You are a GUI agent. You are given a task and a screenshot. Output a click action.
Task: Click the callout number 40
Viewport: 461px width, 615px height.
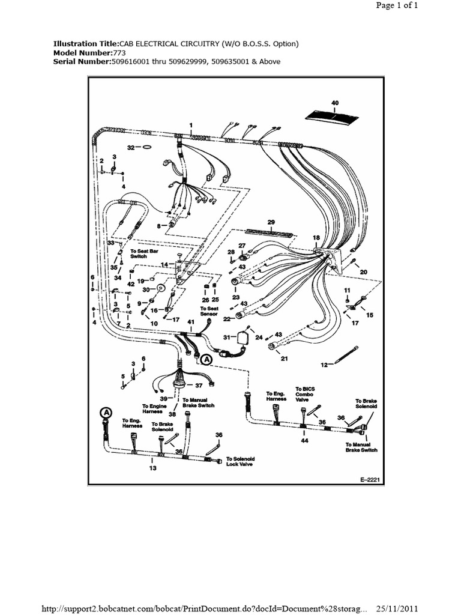click(335, 103)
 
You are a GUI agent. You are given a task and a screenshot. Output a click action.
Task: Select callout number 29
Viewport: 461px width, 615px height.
click(271, 222)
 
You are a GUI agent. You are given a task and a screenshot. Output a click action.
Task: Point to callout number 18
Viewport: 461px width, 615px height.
click(316, 238)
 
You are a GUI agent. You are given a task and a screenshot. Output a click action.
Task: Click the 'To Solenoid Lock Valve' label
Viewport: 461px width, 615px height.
click(240, 461)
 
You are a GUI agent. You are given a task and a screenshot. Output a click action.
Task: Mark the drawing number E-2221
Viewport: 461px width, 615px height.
click(371, 480)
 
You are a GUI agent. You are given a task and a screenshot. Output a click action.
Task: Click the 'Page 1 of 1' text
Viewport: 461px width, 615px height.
click(396, 5)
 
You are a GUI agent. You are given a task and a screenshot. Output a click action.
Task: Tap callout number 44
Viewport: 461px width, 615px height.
click(305, 441)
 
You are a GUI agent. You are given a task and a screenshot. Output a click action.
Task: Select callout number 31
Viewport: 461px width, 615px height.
click(226, 337)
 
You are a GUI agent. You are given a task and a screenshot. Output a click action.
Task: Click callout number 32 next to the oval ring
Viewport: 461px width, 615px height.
click(130, 147)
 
